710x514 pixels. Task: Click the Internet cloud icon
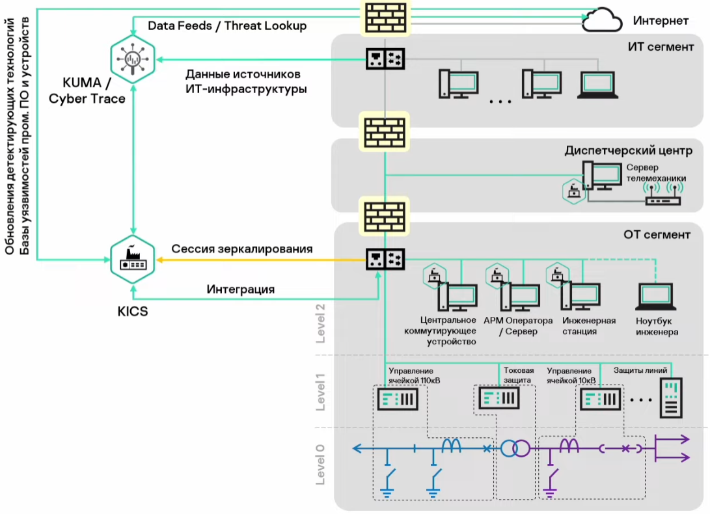603,21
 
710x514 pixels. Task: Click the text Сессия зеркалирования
242,249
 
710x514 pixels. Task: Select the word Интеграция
241,289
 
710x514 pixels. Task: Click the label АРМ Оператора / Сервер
518,326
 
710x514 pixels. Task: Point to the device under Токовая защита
498,398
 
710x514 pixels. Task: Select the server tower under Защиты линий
672,398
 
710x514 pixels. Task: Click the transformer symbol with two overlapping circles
515,448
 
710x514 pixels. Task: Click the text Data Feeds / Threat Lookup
228,26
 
